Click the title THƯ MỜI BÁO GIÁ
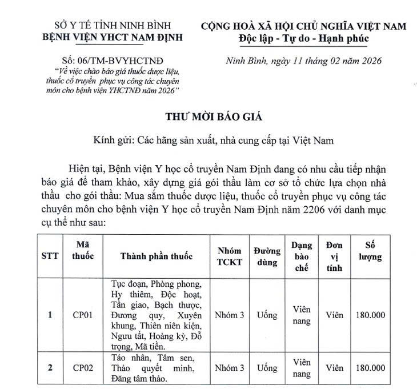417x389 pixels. click(213, 118)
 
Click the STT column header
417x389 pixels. click(50, 256)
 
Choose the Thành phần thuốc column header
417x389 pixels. click(156, 256)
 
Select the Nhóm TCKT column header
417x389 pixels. click(229, 256)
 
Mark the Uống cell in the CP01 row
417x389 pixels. click(267, 315)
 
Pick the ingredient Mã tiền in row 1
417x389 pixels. click(150, 346)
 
